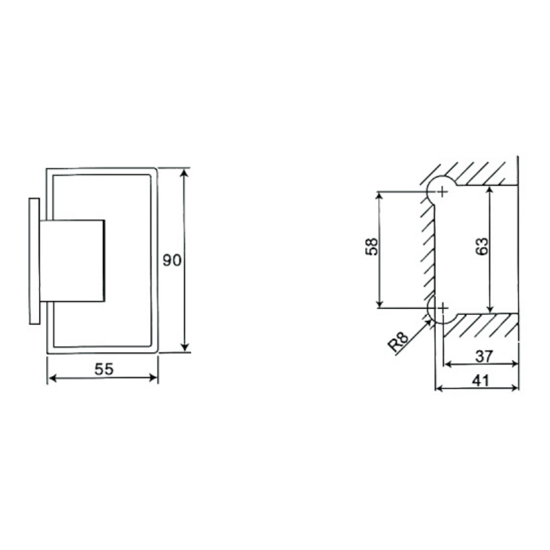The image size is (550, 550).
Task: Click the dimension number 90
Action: click(x=172, y=261)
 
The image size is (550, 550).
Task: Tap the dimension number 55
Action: click(x=104, y=369)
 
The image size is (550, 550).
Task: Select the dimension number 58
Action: click(x=372, y=247)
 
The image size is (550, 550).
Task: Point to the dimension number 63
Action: click(x=482, y=246)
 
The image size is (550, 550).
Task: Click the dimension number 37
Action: click(x=484, y=356)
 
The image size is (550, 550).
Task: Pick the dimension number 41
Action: click(x=480, y=380)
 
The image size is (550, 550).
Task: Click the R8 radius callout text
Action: click(x=398, y=342)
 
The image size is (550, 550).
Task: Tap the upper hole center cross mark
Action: click(x=443, y=192)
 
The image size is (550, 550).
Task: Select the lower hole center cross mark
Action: click(x=443, y=307)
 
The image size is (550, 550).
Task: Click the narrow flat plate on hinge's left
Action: click(x=34, y=261)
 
